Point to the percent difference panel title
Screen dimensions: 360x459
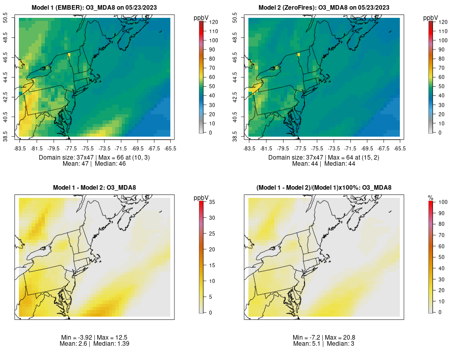(x=324, y=188)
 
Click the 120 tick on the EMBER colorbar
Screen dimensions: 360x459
(x=214, y=22)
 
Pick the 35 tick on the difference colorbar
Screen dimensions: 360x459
(x=212, y=202)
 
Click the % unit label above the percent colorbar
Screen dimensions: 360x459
(x=430, y=198)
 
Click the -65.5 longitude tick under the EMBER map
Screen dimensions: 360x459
(x=170, y=148)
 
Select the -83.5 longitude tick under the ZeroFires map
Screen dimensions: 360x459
(x=249, y=148)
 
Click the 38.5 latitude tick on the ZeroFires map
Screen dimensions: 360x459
(x=243, y=137)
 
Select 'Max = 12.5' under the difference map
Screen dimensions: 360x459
(x=113, y=338)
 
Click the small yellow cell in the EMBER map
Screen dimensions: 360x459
(x=69, y=54)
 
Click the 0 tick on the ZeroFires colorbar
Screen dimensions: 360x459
(x=441, y=133)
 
